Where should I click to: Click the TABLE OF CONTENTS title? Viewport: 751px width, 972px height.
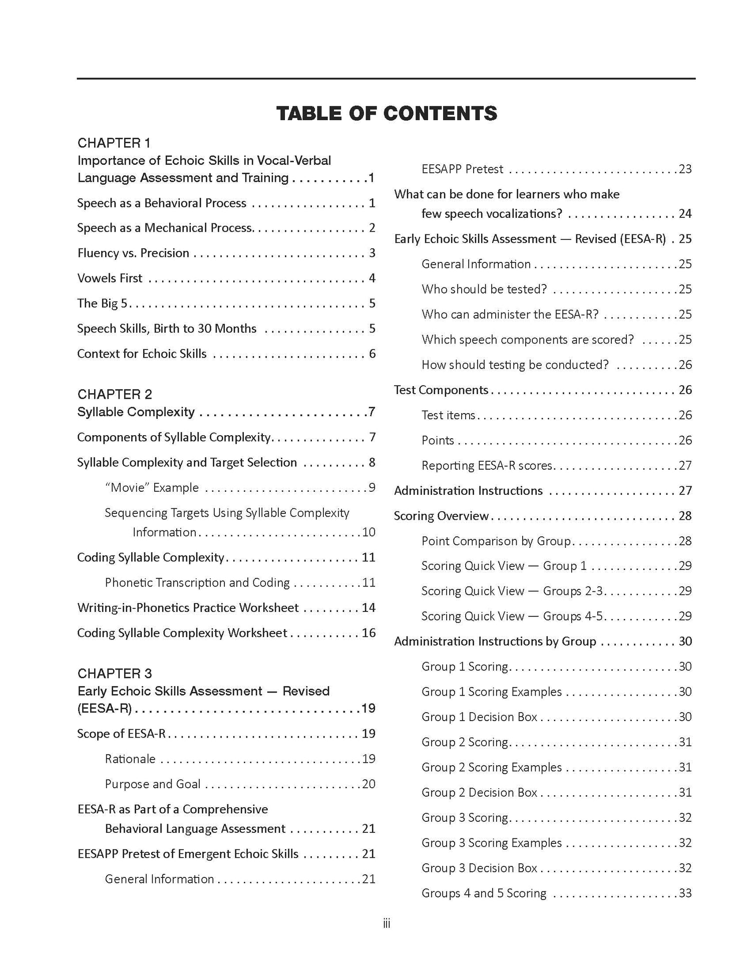pos(387,113)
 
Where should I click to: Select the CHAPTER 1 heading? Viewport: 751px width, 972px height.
pos(114,143)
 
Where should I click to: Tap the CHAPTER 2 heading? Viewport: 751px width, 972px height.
pos(115,394)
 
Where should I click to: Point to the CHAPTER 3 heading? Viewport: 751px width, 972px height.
pos(115,673)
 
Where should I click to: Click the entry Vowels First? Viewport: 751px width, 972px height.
pos(110,278)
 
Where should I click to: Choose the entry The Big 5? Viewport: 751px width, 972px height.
pos(102,303)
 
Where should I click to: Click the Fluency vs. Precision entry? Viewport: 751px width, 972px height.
pos(133,253)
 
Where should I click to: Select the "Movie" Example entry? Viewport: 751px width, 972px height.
pos(152,487)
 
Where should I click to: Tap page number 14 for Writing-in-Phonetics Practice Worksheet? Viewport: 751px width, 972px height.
pos(368,607)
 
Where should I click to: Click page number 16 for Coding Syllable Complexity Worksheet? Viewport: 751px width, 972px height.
pos(368,632)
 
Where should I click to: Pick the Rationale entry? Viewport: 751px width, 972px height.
pos(130,759)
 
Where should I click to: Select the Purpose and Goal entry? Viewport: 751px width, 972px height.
pos(153,784)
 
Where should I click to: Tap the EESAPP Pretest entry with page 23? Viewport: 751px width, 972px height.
pos(462,169)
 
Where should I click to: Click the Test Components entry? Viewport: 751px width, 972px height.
pos(441,390)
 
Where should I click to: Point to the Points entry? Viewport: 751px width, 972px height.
pos(438,440)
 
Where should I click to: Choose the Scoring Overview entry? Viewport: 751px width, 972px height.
pos(441,516)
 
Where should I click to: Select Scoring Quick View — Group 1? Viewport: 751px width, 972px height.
pos(504,566)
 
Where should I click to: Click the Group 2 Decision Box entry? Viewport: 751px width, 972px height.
pos(479,792)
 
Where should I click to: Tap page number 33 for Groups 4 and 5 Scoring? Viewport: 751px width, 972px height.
pos(685,893)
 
